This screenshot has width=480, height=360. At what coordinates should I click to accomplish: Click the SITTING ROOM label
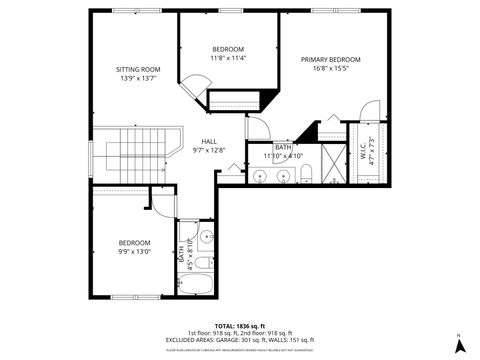click(139, 69)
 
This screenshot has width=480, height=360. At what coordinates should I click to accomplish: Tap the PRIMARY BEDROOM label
click(330, 59)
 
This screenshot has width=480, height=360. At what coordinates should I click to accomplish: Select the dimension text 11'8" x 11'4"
click(228, 58)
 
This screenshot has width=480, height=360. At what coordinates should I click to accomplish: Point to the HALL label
click(209, 141)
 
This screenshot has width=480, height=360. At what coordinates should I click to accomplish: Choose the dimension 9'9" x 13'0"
click(134, 252)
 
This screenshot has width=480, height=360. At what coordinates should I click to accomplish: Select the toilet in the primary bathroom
click(308, 176)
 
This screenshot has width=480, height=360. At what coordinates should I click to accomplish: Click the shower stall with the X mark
click(331, 169)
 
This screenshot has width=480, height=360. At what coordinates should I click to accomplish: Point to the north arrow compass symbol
click(458, 345)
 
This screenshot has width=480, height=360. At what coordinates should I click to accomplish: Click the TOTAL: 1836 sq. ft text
click(237, 326)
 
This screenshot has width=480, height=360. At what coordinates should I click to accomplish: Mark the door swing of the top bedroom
click(192, 86)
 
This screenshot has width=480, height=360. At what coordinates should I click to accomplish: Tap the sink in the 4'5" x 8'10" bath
click(205, 238)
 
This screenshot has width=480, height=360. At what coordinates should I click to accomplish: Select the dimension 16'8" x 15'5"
click(330, 68)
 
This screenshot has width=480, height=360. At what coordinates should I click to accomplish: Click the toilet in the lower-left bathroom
click(203, 263)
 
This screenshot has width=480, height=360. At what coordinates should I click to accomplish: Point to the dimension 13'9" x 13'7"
click(139, 78)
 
